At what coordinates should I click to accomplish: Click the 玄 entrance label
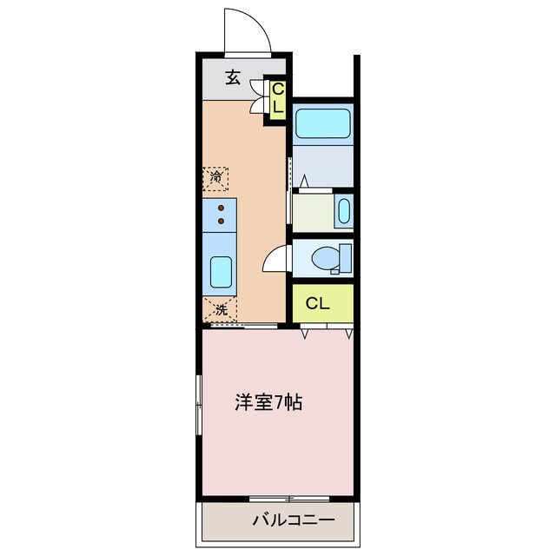pos(233,77)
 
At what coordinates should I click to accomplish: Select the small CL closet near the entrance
pos(277,98)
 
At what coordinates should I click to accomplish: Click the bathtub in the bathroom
pos(322,122)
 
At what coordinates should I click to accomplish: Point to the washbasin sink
pos(344,211)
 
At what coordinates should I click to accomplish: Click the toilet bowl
pos(326,257)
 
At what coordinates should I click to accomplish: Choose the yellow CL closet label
pos(319,304)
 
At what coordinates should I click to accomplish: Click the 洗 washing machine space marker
pos(221,308)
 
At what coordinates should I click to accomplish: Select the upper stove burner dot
pos(222,208)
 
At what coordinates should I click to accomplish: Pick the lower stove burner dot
pos(222,221)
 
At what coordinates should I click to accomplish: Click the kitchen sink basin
pos(221,273)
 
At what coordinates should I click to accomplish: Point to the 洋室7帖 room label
pos(268,403)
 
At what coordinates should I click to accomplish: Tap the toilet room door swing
pos(275,258)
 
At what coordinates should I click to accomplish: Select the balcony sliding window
pos(289,499)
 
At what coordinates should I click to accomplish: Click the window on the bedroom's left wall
pos(201,403)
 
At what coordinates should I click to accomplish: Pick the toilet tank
pos(347,257)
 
